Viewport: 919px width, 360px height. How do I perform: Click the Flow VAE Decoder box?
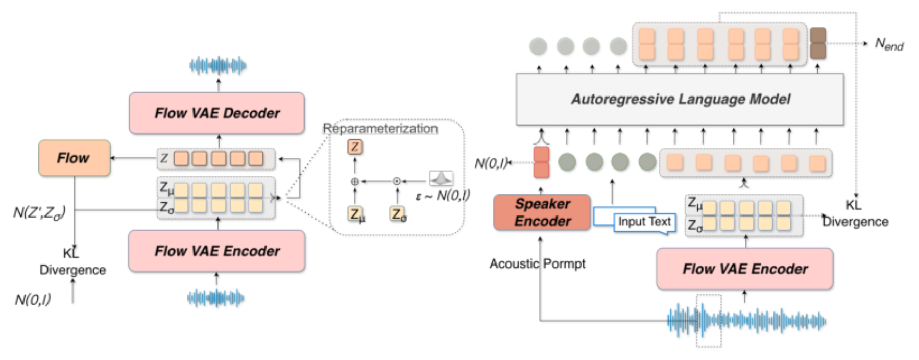[217, 113]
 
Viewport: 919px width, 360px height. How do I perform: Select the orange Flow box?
[75, 158]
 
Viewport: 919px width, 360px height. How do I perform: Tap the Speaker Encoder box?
[542, 212]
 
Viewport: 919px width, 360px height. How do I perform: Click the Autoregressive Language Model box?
[680, 99]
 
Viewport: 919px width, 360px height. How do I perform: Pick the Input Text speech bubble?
[644, 222]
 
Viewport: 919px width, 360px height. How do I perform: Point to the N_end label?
[889, 44]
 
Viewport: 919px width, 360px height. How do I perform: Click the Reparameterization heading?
[380, 128]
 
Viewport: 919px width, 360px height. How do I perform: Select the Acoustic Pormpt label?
[537, 263]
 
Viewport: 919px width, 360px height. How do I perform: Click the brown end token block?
[818, 43]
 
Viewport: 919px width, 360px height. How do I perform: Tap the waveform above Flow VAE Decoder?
[218, 65]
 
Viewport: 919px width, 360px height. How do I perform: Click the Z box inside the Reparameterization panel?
[355, 147]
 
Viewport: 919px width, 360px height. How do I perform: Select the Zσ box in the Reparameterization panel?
[398, 213]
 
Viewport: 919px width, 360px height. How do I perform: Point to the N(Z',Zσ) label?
[39, 212]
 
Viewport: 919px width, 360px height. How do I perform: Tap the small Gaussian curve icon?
[441, 178]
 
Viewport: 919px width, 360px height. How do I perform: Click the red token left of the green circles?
[541, 162]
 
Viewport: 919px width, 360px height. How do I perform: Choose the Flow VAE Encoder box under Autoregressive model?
[745, 269]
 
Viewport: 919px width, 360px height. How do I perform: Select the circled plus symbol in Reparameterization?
[355, 181]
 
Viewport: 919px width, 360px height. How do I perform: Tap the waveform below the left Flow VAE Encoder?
[215, 298]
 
